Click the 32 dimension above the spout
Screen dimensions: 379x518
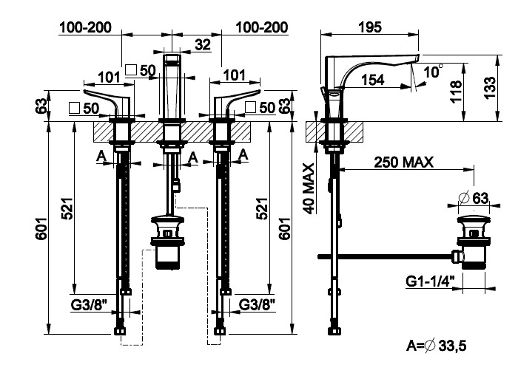coord(202,44)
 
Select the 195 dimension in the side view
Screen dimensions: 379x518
coord(369,27)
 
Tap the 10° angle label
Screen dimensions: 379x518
coord(433,72)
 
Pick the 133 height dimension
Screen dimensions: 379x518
coord(488,87)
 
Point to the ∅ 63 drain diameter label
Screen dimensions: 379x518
coord(474,197)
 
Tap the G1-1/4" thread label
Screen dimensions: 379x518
coord(430,281)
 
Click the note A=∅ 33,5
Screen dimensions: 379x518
coord(437,344)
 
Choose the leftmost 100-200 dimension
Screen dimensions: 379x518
coord(84,27)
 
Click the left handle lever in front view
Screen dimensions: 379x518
coord(109,100)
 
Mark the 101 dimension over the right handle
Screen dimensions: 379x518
coord(235,75)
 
